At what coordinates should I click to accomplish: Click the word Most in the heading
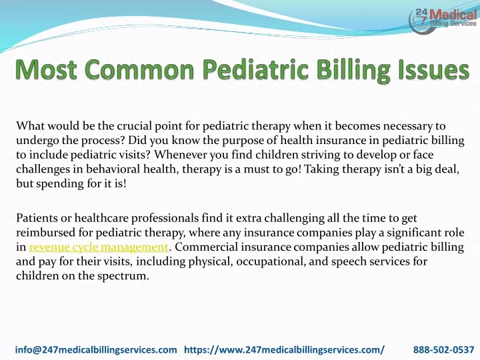pos(46,69)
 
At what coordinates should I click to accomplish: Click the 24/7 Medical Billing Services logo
pos(443,20)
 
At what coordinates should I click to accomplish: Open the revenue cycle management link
pos(99,247)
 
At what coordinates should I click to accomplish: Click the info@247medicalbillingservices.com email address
pos(96,349)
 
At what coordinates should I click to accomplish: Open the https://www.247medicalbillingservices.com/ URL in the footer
pos(285,349)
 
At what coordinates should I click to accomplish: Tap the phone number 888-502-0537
pos(443,349)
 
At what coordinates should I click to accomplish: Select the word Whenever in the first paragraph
pos(180,155)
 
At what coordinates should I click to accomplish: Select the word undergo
pos(37,141)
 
